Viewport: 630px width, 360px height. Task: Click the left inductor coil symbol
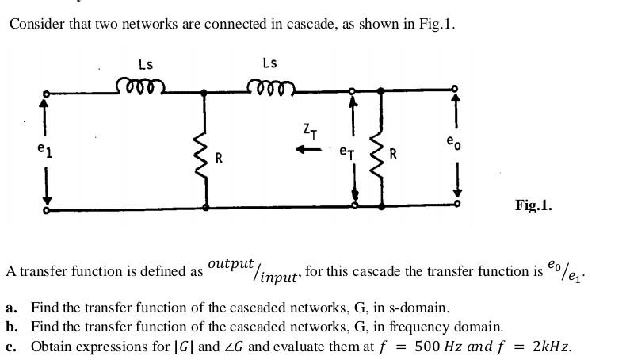[140, 85]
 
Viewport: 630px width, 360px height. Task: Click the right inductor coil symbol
[270, 85]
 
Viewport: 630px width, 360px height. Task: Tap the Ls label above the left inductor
[145, 64]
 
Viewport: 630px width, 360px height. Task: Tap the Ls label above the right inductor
[269, 63]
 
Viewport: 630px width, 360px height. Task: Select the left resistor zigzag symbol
[205, 157]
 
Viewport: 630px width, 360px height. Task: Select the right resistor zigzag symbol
[381, 157]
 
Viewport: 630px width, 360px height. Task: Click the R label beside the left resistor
[220, 158]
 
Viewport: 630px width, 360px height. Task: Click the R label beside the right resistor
[394, 153]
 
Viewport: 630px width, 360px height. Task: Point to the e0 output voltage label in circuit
[452, 143]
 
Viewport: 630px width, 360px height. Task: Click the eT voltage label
[347, 150]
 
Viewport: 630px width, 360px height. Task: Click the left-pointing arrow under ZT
[308, 149]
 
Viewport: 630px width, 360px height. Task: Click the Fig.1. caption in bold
[533, 205]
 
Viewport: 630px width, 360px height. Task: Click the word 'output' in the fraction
[231, 263]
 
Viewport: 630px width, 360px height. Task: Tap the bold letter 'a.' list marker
[11, 307]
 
